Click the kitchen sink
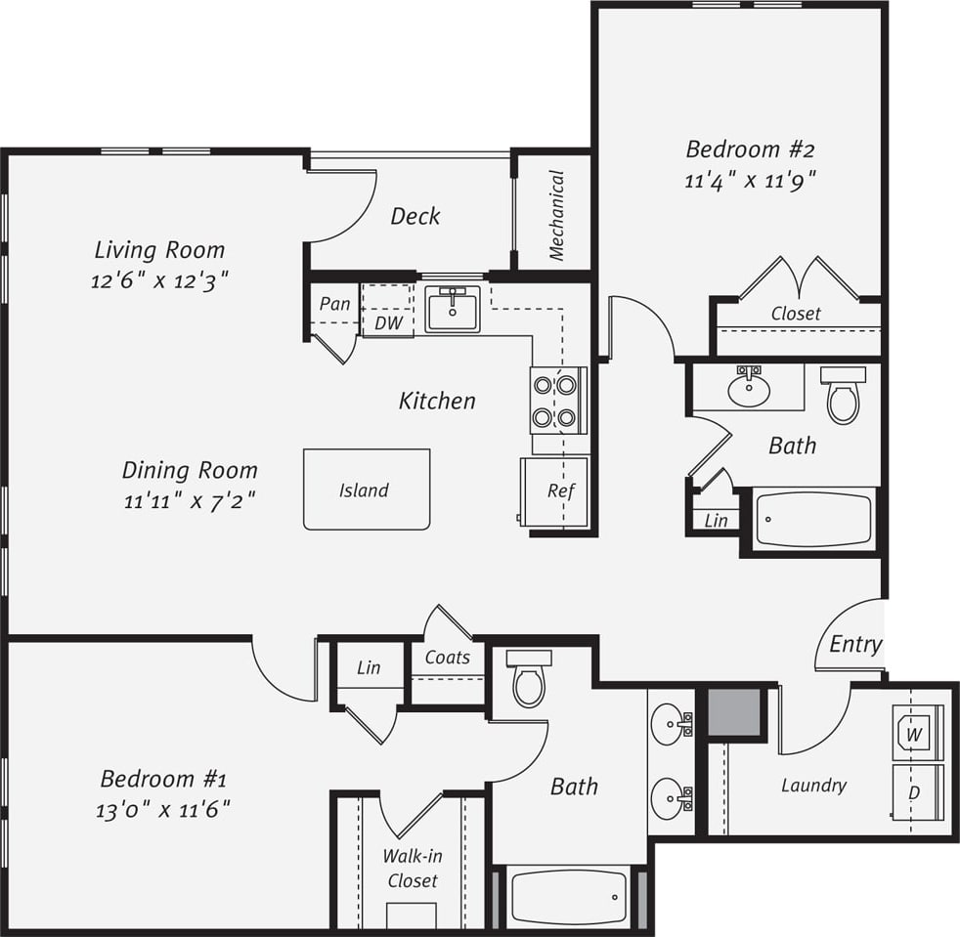[453, 310]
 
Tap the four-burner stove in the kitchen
[554, 401]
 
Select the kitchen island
[367, 490]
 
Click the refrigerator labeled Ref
[556, 491]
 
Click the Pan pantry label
[334, 304]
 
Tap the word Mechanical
[556, 216]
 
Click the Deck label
[415, 216]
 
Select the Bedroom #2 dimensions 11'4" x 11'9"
[750, 180]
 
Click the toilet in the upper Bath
[843, 395]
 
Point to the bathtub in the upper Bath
[814, 520]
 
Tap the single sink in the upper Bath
[749, 389]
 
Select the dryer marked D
[917, 792]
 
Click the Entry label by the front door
[855, 644]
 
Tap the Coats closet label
[448, 658]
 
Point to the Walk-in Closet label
[412, 868]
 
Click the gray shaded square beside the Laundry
[734, 712]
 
